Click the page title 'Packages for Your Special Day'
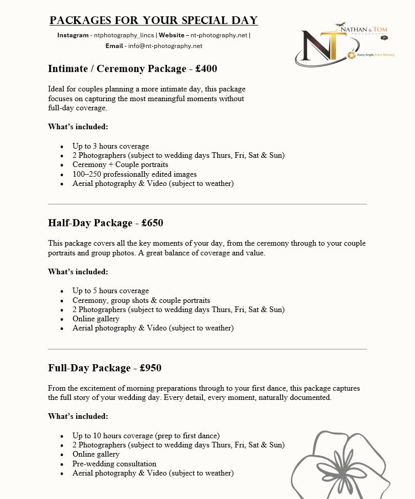pos(153,21)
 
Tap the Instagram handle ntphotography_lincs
pos(124,35)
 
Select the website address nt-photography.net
pos(219,35)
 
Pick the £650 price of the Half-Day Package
pos(152,223)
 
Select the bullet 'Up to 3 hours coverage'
pos(110,146)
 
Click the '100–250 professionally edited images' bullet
pos(127,174)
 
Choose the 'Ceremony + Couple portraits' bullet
pos(120,164)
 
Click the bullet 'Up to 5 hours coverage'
pos(110,291)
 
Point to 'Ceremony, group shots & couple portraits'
pos(141,300)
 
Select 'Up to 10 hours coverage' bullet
pos(146,436)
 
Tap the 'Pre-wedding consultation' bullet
pos(114,464)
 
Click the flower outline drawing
pos(348,465)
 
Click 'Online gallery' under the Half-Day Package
pos(96,319)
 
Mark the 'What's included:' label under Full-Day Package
pos(78,416)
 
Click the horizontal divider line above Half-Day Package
pos(207,204)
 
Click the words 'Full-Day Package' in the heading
pos(89,368)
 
